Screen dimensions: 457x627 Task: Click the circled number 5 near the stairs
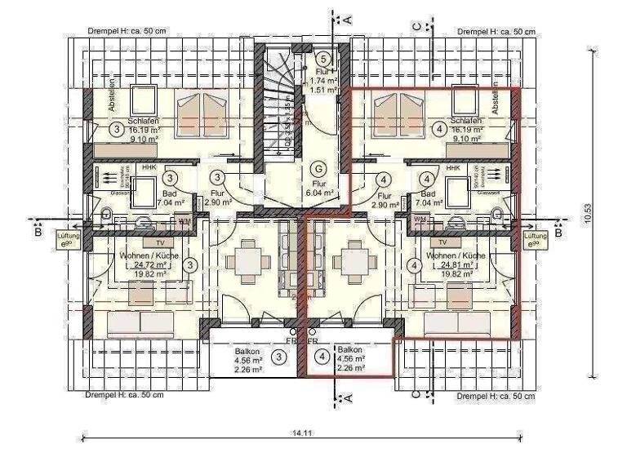click(323, 58)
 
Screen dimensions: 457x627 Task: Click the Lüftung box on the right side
click(534, 239)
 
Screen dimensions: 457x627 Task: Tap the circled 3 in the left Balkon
click(279, 357)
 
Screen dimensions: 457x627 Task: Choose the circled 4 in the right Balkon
click(322, 357)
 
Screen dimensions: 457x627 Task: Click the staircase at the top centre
click(280, 98)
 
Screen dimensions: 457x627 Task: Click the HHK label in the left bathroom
click(149, 167)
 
